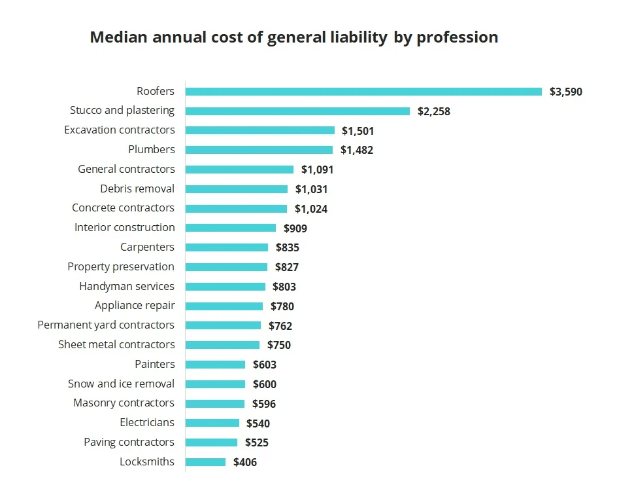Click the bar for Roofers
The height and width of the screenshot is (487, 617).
[363, 92]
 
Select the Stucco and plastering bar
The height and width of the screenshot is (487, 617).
[297, 111]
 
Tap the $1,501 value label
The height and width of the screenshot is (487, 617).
[358, 131]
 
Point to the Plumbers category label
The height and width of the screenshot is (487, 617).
[152, 149]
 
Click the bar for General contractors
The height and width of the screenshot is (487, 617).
[239, 170]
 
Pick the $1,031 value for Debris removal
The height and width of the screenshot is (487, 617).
[311, 189]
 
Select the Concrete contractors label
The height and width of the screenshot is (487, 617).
[123, 208]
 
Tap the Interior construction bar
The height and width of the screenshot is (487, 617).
[231, 228]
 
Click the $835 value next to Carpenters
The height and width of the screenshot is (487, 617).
[288, 247]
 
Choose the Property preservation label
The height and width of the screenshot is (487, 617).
[121, 266]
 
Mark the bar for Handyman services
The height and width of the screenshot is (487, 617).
[225, 287]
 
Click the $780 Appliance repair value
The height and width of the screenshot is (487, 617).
[282, 306]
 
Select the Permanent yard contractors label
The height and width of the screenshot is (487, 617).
[106, 325]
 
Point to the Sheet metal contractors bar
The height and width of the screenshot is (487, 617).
[222, 345]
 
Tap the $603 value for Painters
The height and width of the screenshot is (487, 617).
[265, 365]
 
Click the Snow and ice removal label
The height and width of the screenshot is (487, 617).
[121, 384]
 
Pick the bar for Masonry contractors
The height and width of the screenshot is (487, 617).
[215, 404]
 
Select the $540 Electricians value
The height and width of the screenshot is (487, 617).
[258, 424]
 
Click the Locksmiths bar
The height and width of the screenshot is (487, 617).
[205, 462]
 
